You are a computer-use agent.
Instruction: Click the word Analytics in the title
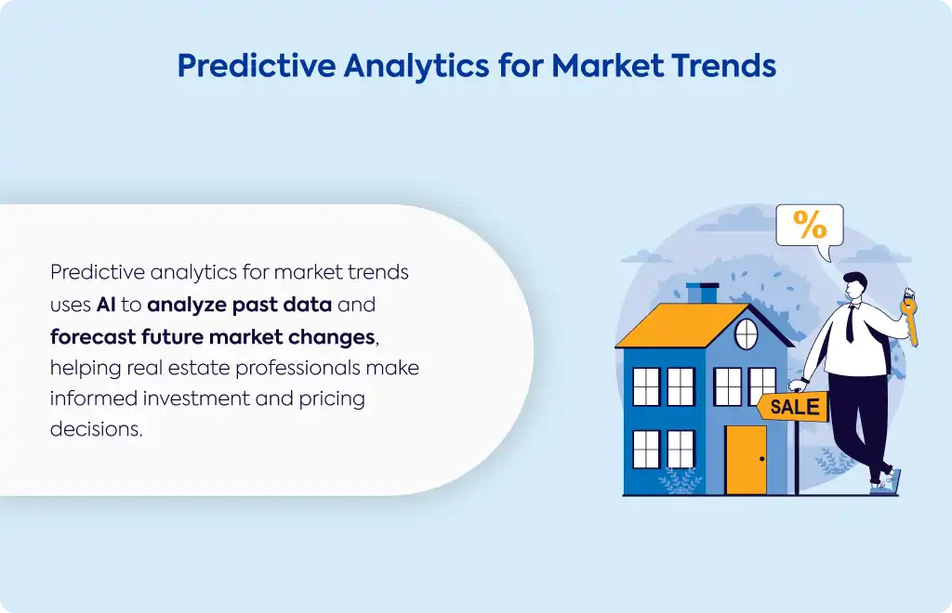click(416, 66)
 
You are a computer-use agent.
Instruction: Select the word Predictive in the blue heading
click(257, 65)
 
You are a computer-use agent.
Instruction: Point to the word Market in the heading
click(608, 65)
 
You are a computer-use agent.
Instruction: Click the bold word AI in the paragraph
click(106, 305)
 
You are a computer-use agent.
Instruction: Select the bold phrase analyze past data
click(239, 305)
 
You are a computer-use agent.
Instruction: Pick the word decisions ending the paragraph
click(96, 429)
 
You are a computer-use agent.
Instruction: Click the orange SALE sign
click(792, 406)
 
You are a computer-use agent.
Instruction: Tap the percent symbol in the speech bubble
click(810, 225)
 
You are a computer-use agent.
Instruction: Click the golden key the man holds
click(909, 319)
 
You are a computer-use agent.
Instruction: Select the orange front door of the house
click(746, 460)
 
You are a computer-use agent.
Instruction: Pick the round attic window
click(747, 334)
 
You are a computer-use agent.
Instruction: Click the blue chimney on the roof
click(703, 293)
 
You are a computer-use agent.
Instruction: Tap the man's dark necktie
click(851, 324)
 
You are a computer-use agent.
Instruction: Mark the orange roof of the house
click(679, 325)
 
